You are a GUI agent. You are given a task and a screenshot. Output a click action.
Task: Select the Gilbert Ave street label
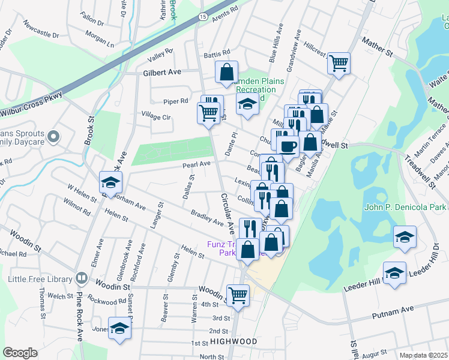tap(162, 72)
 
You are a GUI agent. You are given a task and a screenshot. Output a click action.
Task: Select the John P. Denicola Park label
tap(406, 208)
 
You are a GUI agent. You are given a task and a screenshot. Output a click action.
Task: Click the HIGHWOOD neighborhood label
tap(234, 341)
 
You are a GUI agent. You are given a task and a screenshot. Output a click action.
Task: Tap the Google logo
tap(20, 352)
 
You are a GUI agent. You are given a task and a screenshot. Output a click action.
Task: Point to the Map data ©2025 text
tap(424, 355)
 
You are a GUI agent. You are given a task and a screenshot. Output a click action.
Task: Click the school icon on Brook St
tap(110, 181)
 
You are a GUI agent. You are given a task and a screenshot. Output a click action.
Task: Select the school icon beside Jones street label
tap(120, 328)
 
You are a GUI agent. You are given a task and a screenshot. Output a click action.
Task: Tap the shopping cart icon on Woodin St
tap(238, 295)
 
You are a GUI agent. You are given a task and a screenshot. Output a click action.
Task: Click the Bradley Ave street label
tap(207, 218)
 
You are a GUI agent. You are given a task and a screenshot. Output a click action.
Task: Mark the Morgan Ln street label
tap(100, 43)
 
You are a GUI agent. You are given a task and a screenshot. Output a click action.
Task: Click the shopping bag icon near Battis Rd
tap(227, 72)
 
